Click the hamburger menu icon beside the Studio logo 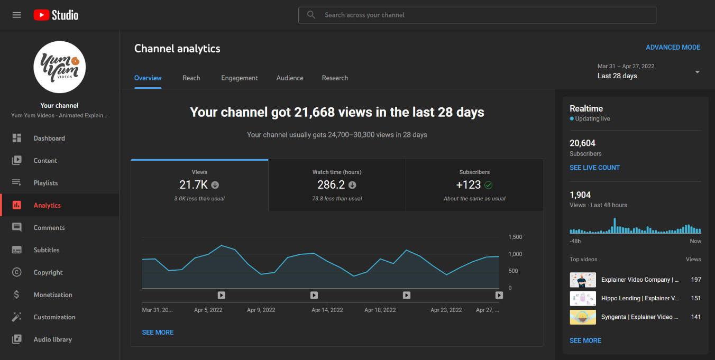[x=17, y=15]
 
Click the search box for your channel [x=477, y=15]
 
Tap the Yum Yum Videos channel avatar [x=59, y=67]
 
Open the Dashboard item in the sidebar [x=49, y=139]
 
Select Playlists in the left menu [x=45, y=183]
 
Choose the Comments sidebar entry [x=49, y=228]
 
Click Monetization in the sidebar [x=53, y=295]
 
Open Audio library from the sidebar [x=52, y=339]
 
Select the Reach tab [x=191, y=78]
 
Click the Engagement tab [x=240, y=78]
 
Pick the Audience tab [x=290, y=78]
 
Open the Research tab [x=335, y=78]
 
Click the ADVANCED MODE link [x=673, y=48]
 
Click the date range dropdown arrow [x=697, y=72]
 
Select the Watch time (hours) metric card [x=337, y=185]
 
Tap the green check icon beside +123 [x=489, y=185]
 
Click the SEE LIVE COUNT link [x=594, y=168]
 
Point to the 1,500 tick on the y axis [x=515, y=237]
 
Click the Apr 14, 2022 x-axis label [x=327, y=310]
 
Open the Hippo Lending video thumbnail [x=583, y=298]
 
